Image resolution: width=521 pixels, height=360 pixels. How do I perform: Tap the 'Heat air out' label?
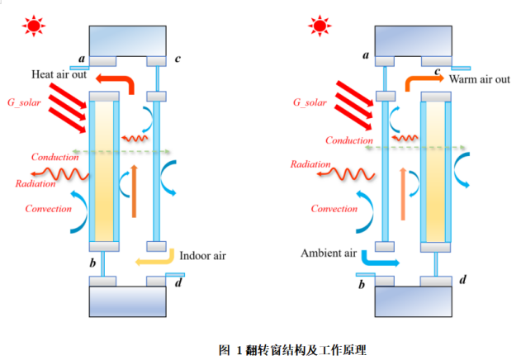[60, 75]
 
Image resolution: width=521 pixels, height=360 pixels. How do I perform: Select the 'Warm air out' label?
[480, 79]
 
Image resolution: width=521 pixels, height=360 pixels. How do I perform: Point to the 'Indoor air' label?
[202, 256]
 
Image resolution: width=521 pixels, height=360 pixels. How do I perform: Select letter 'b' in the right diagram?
[362, 286]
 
